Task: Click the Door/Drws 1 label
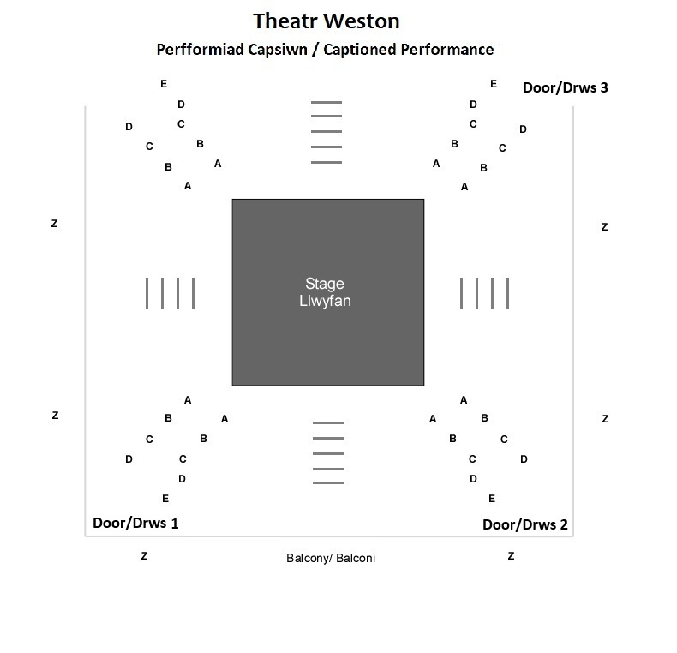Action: [135, 523]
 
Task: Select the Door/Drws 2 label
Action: [524, 524]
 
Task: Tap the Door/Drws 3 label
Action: [565, 87]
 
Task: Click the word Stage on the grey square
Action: [325, 284]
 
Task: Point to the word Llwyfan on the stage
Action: [325, 301]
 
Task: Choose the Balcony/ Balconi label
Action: [331, 558]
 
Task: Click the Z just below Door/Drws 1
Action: [144, 556]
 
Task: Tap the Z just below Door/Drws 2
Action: [511, 556]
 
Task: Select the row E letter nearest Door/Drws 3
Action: [494, 84]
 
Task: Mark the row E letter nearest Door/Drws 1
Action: [165, 499]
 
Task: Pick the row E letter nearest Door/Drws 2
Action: [492, 499]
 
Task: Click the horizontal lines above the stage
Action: [326, 132]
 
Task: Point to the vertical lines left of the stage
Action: [171, 292]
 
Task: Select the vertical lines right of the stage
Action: [484, 292]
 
